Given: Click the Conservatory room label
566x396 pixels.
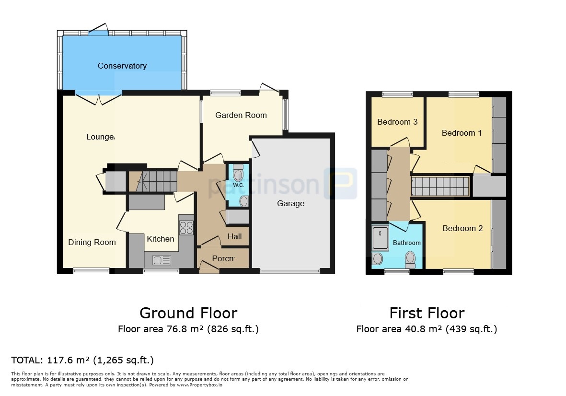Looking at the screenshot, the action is [122, 66].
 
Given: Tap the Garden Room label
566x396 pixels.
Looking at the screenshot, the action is [241, 115].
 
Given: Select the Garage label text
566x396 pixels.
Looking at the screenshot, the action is [290, 204].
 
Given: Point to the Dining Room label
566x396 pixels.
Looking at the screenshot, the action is [92, 242].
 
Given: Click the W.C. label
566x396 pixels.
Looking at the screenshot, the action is [238, 185].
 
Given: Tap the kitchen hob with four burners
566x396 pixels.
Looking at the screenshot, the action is [186, 228].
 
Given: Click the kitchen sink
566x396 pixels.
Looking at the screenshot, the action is [162, 260].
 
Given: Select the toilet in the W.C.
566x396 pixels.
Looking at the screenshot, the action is [238, 173].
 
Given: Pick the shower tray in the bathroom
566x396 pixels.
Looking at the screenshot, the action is [380, 237].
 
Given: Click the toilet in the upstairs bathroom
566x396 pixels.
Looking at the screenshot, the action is [410, 259].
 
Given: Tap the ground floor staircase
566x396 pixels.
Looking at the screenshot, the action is [153, 181].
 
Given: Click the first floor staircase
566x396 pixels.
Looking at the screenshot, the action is [440, 186].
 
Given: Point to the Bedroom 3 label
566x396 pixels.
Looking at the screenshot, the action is [397, 122].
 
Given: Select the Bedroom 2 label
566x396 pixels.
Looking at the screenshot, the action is [462, 228].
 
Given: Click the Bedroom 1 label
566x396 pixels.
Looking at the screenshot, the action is [462, 133].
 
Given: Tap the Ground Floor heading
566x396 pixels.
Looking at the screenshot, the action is [188, 313].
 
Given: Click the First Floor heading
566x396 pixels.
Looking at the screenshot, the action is [427, 313].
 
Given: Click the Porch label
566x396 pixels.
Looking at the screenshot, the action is [223, 258].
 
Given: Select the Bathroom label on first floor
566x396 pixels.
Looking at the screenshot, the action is [407, 243].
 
